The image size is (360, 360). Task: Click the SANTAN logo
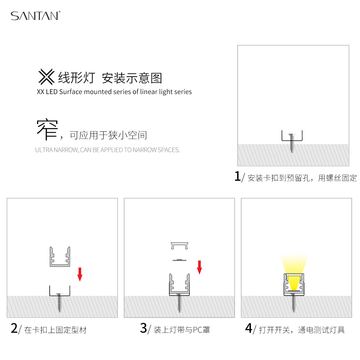(35, 15)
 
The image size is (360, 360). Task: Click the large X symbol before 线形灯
(46, 77)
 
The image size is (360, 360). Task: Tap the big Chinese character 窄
(47, 129)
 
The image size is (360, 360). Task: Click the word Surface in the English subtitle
(71, 92)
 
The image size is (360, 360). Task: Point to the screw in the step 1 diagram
(292, 143)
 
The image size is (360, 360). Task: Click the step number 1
(237, 176)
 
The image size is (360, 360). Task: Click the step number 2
(14, 328)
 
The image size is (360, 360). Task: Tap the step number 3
(144, 328)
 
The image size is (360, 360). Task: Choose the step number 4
(249, 328)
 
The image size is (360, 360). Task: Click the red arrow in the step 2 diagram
(80, 274)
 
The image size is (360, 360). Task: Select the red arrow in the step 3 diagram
(199, 267)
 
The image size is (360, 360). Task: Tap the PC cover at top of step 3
(180, 246)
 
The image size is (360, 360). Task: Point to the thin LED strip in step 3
(179, 260)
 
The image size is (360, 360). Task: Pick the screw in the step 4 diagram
(294, 303)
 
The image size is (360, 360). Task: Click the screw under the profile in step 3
(179, 303)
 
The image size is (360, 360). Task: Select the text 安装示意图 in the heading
(132, 78)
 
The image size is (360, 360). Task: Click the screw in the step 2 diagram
(59, 303)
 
